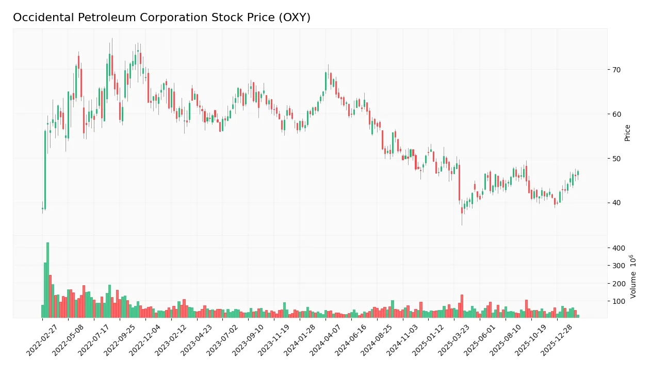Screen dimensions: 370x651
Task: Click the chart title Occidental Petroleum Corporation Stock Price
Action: [x=161, y=18]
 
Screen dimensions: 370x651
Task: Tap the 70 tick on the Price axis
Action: [x=616, y=70]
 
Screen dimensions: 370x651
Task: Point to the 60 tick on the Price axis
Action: [x=616, y=114]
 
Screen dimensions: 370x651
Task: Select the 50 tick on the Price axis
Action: [x=616, y=159]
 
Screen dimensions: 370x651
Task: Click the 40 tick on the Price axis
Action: [x=616, y=203]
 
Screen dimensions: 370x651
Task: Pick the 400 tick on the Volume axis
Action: [x=619, y=248]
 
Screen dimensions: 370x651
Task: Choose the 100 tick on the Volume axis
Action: [x=619, y=301]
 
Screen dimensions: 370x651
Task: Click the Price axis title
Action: [x=627, y=133]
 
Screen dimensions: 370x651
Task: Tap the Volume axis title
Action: [x=633, y=276]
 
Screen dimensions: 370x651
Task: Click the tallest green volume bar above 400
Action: [x=47, y=280]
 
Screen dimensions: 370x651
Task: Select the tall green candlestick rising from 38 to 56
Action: [x=45, y=170]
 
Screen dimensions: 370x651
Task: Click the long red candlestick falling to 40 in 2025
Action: [x=459, y=182]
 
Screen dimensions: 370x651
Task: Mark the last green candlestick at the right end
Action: [x=578, y=173]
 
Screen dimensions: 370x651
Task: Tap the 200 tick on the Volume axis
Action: [x=619, y=284]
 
